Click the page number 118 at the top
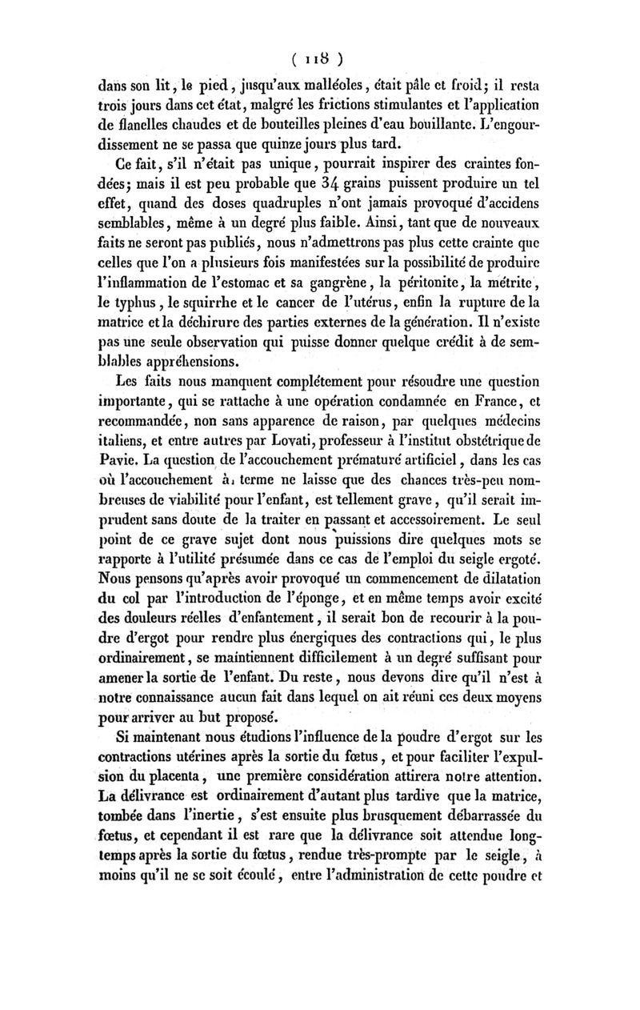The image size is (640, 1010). (319, 59)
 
